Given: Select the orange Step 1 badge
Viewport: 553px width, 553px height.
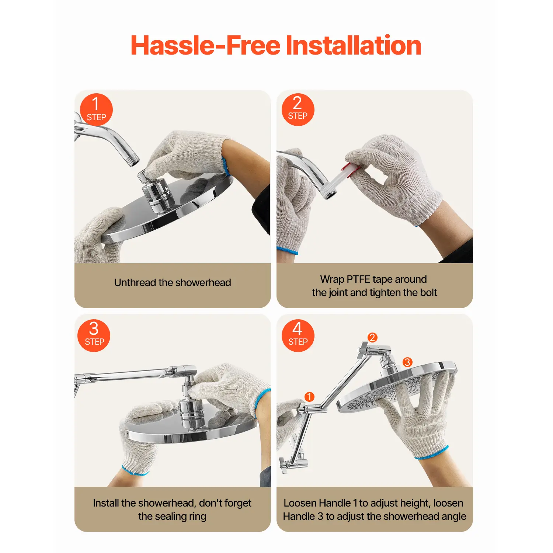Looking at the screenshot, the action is tap(96, 109).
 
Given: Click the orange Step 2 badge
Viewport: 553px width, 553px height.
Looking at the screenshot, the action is tap(298, 109).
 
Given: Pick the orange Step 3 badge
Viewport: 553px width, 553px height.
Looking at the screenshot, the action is tap(94, 335).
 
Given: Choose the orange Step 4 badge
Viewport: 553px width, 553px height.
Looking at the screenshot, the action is tap(298, 335).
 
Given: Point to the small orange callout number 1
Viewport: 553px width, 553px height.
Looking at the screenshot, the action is tap(309, 397).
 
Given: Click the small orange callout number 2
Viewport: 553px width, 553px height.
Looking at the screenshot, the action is tap(372, 337).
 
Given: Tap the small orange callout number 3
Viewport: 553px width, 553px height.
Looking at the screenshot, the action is tap(407, 362).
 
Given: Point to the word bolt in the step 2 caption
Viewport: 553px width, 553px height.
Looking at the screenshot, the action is tap(428, 292).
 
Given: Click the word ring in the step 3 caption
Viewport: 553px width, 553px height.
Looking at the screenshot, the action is tap(198, 517).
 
